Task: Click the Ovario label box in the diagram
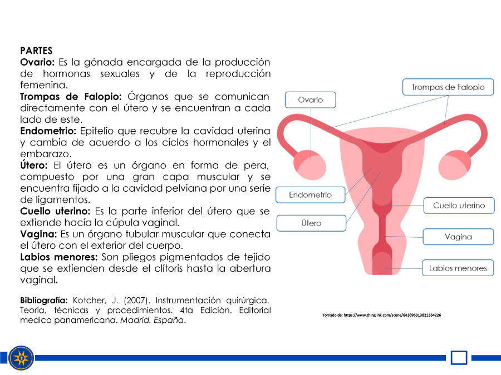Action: click(x=310, y=100)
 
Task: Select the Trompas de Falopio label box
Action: click(x=448, y=87)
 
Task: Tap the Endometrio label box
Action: click(x=310, y=195)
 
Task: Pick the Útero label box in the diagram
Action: click(x=311, y=223)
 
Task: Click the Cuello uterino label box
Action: click(x=459, y=206)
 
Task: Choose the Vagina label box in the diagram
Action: click(x=458, y=237)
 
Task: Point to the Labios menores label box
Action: click(x=458, y=268)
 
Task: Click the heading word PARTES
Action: click(x=36, y=51)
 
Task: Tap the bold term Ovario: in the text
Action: click(x=37, y=62)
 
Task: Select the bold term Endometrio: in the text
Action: click(x=48, y=131)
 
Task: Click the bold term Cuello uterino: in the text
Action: click(x=55, y=211)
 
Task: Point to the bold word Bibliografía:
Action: click(x=44, y=301)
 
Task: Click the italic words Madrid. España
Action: click(x=153, y=320)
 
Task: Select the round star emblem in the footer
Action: click(x=21, y=358)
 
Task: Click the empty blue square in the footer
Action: click(x=459, y=358)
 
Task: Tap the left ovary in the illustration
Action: click(x=310, y=166)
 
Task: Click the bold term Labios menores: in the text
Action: click(x=59, y=257)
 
